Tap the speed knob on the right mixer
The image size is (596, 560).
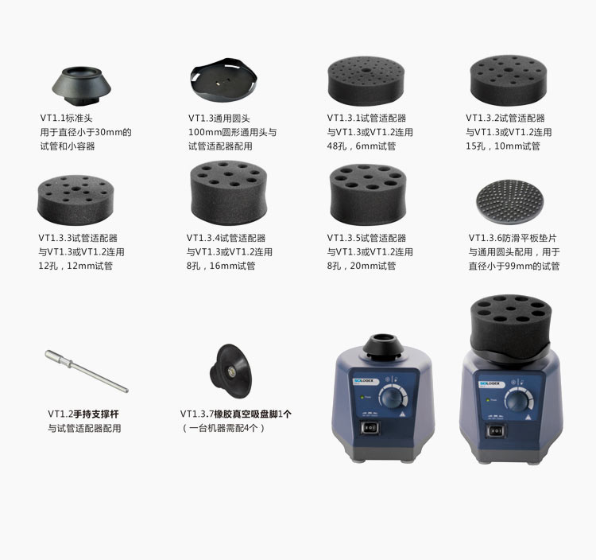click(517, 400)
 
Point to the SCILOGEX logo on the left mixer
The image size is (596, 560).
click(365, 385)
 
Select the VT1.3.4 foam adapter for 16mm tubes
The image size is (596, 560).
click(226, 191)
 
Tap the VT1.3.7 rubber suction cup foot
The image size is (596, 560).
click(228, 371)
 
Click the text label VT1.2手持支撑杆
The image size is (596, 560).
click(83, 414)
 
